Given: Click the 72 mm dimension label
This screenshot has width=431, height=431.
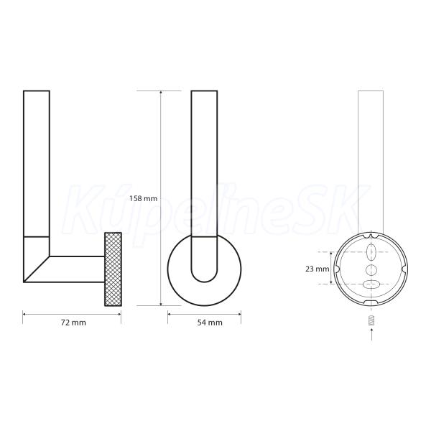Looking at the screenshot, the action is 73,323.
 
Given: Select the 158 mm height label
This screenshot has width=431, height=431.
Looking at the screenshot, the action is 143,198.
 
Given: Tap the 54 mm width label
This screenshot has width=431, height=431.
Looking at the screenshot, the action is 210,323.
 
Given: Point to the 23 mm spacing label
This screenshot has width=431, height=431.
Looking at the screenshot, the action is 318,269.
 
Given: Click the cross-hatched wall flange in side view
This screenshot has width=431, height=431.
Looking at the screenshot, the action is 113,269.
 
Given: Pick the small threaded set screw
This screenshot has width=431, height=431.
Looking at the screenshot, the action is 371,320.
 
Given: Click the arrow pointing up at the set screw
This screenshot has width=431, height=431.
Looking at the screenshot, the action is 371,334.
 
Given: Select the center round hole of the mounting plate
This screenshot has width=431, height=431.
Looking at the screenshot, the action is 371,269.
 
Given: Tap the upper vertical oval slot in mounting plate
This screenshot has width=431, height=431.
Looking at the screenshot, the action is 371,252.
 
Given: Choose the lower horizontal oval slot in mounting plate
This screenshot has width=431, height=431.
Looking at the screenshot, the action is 371,284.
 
